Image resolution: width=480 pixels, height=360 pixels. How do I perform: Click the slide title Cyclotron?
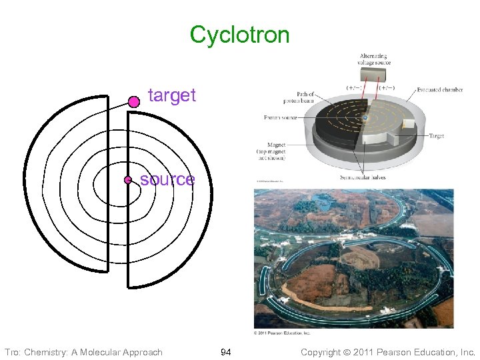(239, 35)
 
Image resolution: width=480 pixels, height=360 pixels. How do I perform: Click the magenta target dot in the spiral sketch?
(133, 101)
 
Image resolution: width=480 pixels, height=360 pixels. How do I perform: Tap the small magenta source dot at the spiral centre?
(127, 180)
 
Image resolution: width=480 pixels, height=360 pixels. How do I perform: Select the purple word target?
(172, 95)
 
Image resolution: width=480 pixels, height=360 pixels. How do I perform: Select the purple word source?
(167, 179)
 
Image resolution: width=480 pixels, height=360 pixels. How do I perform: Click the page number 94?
(225, 351)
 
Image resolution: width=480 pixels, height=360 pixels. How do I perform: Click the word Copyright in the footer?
(323, 351)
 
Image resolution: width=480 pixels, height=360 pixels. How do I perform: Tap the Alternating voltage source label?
(374, 59)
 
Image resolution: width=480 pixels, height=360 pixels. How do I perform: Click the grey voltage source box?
(374, 75)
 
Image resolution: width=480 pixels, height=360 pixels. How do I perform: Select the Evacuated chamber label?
(440, 89)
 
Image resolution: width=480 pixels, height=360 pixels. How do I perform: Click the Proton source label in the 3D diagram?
(281, 118)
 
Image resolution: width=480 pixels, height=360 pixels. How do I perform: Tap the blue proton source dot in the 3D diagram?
(365, 118)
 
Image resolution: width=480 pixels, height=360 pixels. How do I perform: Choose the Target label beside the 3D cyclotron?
(437, 135)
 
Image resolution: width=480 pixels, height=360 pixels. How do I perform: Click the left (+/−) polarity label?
(354, 87)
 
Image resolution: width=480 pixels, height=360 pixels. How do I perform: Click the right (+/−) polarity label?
(386, 87)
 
